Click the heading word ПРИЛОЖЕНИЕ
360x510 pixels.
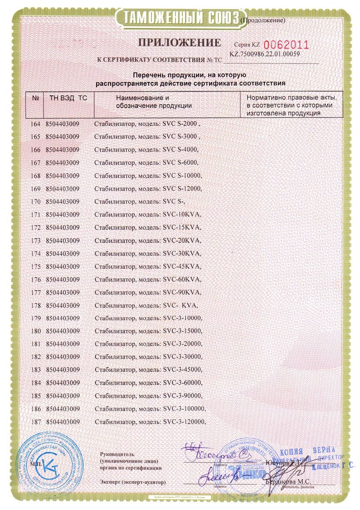point(180,43)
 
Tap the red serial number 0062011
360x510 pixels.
point(287,45)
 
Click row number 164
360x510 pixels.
point(36,124)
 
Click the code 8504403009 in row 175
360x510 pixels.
point(63,267)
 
